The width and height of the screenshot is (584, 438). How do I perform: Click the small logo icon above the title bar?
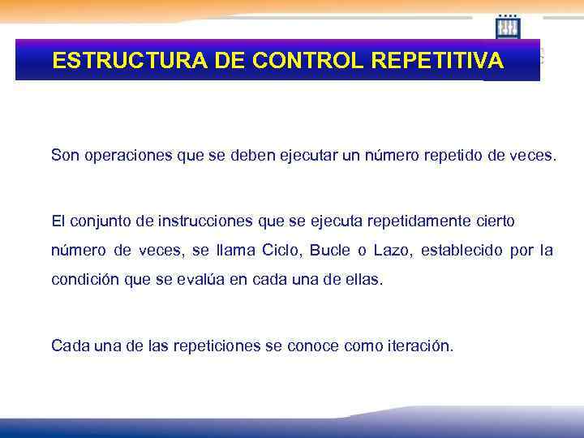[x=508, y=28]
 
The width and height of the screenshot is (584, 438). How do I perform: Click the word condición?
[x=81, y=280]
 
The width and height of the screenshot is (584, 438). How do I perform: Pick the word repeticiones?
[x=219, y=346]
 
